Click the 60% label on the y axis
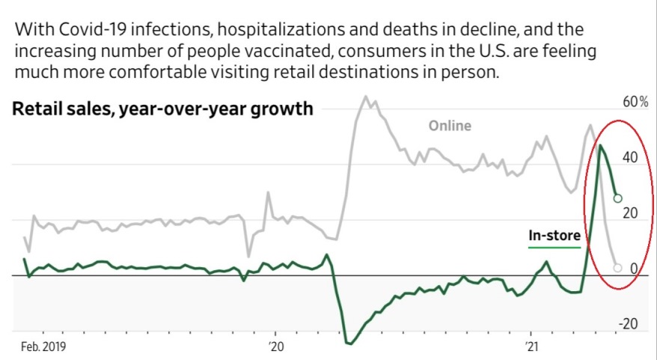click(635, 102)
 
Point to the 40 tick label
click(628, 157)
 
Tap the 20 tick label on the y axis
click(628, 213)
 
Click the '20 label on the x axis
click(276, 347)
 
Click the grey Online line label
click(450, 126)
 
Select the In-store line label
click(554, 236)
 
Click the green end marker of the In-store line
click(617, 198)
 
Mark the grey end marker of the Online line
click(617, 267)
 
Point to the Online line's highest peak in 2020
click(365, 97)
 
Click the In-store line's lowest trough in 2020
click(349, 344)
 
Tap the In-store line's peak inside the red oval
click(599, 145)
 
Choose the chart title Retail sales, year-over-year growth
click(162, 109)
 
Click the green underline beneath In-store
click(554, 247)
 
